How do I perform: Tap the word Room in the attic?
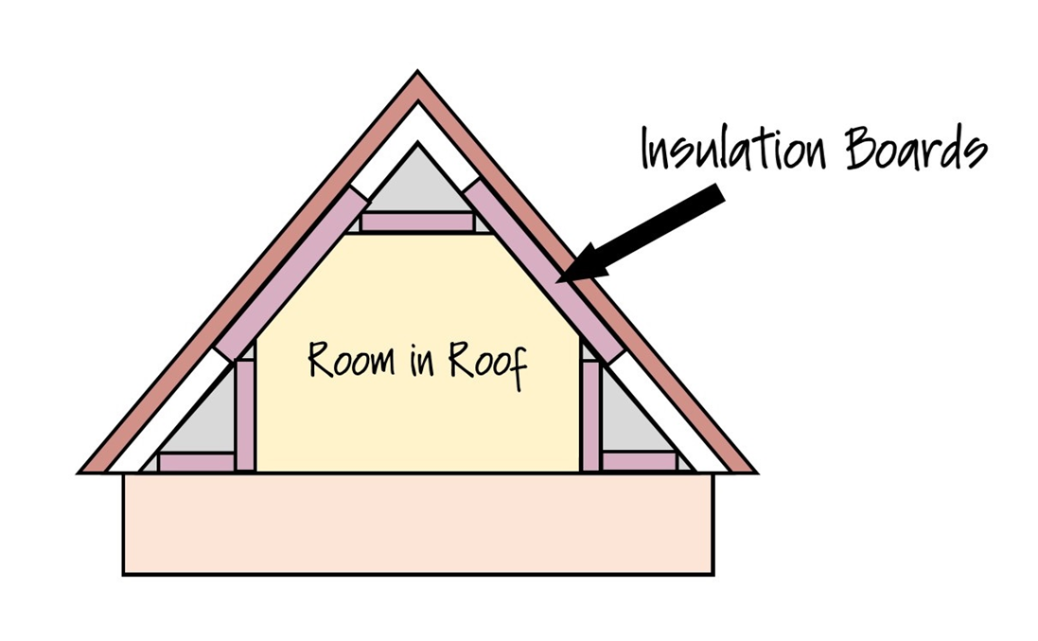click(344, 361)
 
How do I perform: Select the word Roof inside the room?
click(488, 363)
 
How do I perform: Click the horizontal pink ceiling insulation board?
click(417, 223)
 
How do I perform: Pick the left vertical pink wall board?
click(245, 415)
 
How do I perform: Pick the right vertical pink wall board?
click(590, 415)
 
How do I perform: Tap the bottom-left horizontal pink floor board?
click(196, 462)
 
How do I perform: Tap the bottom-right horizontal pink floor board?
click(639, 461)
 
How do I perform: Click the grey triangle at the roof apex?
click(417, 185)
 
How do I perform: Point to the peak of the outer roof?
click(417, 76)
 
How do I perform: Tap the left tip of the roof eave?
click(83, 471)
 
